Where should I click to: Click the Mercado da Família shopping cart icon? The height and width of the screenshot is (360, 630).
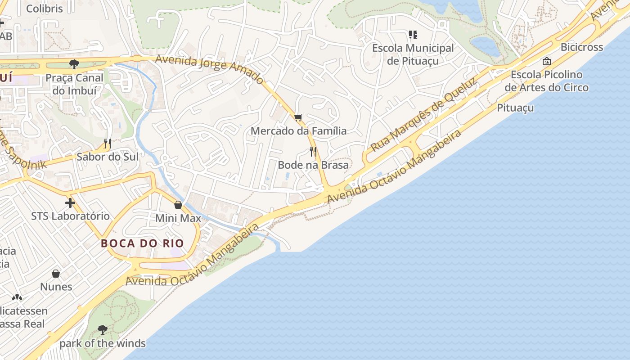(x=298, y=117)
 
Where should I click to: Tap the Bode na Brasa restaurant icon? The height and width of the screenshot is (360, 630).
(x=313, y=152)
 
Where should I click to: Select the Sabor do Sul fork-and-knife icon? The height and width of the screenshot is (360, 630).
(x=108, y=144)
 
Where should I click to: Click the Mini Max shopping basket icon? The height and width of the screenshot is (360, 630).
(x=178, y=205)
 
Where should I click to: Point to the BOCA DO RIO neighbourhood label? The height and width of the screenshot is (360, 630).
(x=142, y=243)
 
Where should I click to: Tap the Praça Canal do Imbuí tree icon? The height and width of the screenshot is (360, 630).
(x=74, y=64)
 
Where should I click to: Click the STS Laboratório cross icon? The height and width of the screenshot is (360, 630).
(x=70, y=202)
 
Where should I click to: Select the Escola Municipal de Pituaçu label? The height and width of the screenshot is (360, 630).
(x=413, y=54)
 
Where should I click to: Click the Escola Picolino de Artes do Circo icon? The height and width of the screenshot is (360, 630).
(x=547, y=61)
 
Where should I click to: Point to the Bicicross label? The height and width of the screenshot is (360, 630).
(x=581, y=47)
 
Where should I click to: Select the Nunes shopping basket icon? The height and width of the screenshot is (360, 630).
(x=56, y=274)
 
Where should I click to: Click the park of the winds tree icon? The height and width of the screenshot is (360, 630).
(x=103, y=330)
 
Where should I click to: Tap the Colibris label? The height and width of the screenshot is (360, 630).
(x=45, y=9)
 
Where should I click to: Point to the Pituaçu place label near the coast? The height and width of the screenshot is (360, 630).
(x=515, y=108)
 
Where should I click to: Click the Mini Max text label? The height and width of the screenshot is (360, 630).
(x=178, y=218)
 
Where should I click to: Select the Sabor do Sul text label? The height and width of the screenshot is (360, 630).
(x=108, y=157)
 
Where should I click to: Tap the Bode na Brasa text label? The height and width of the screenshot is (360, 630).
(x=313, y=165)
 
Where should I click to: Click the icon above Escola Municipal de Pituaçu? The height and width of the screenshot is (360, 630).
(x=413, y=35)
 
